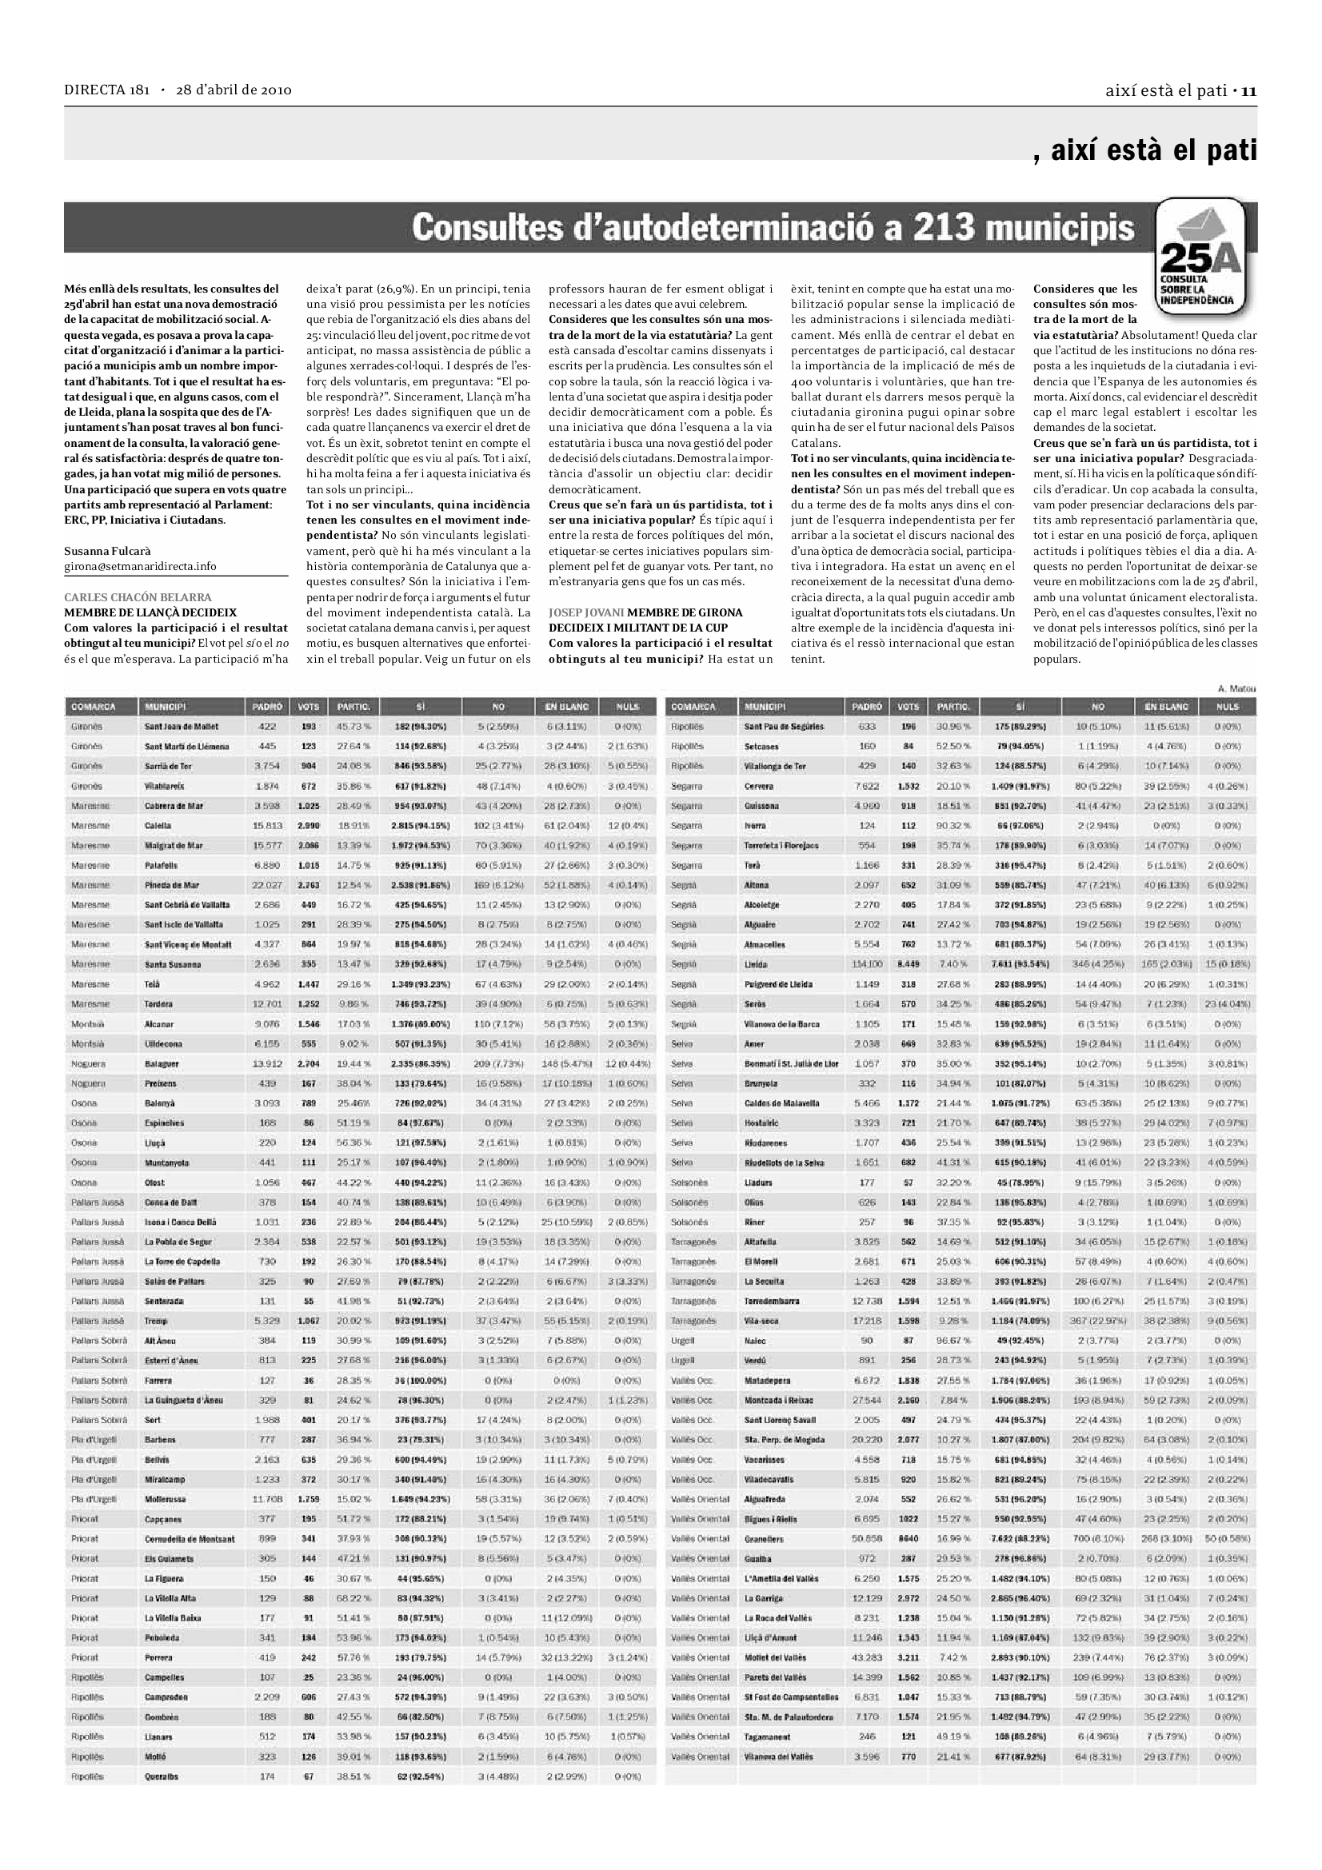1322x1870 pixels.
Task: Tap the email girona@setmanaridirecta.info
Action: coord(140,566)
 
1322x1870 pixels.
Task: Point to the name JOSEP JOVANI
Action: coord(585,612)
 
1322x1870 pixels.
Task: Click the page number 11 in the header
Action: coord(1248,90)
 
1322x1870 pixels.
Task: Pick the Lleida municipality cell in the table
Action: coord(755,964)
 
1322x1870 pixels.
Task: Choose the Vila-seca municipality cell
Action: coord(761,1321)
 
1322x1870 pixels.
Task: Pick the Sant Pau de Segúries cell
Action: coord(783,727)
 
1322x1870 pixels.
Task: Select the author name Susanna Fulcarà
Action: coord(107,552)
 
